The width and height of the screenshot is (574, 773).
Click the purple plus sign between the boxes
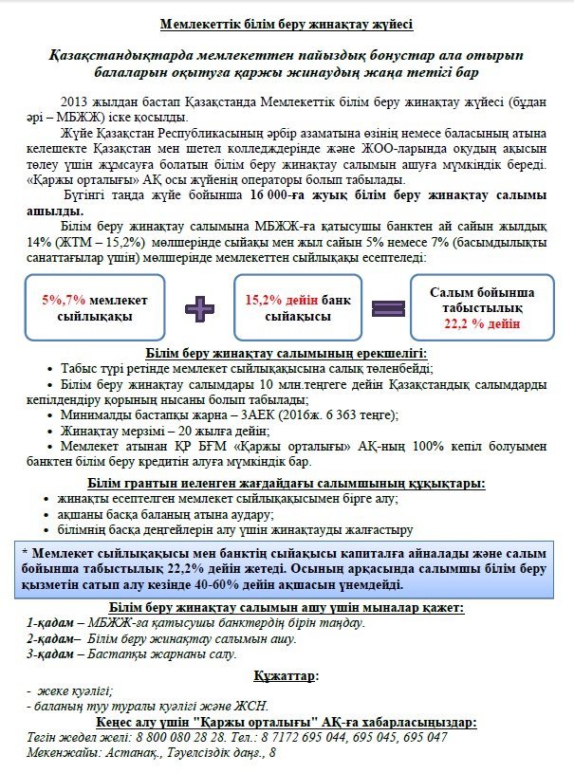click(199, 307)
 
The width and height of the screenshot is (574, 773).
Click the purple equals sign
click(388, 307)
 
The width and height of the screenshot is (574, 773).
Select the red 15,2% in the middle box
click(267, 300)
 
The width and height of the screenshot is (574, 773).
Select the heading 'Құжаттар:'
click(286, 676)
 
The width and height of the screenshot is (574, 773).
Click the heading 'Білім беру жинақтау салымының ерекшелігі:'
click(286, 354)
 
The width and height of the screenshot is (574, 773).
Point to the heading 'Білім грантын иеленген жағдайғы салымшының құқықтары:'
click(286, 484)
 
